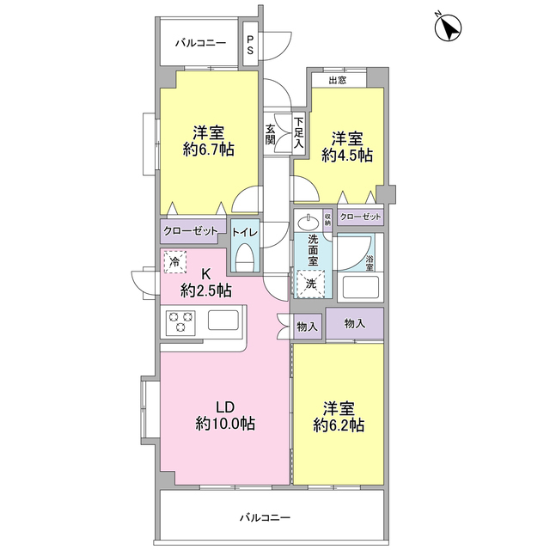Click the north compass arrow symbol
[x=447, y=27]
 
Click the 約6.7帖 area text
[x=209, y=150]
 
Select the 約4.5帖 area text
[x=347, y=156]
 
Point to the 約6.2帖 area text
[x=337, y=425]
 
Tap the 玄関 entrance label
[x=271, y=135]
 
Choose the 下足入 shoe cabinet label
[x=298, y=134]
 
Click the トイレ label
[x=244, y=231]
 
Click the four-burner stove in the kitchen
[x=181, y=322]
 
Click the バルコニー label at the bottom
[x=265, y=518]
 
